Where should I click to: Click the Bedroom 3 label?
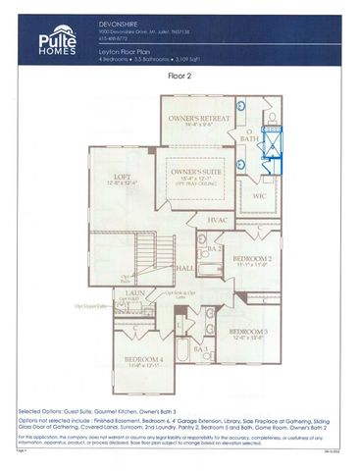point(248,335)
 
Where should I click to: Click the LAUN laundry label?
point(136,292)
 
